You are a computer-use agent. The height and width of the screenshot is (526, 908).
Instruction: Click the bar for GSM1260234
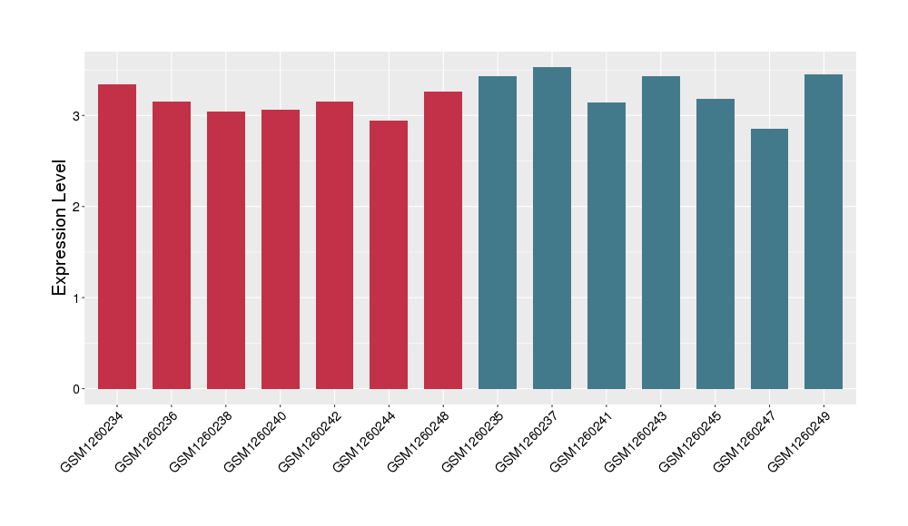tap(117, 237)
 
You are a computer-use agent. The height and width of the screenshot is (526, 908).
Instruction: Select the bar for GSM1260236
tap(172, 245)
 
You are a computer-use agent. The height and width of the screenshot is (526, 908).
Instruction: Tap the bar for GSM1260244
tap(389, 255)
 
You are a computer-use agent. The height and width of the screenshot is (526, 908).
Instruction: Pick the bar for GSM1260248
tap(443, 240)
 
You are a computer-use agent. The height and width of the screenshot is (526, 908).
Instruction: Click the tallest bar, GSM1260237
tap(552, 228)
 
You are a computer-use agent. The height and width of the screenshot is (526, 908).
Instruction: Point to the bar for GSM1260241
tap(607, 246)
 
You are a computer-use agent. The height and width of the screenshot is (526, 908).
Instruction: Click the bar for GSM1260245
tap(716, 244)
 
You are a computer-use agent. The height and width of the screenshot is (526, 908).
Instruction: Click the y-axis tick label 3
tap(77, 116)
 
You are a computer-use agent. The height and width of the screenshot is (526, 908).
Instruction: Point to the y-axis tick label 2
tap(77, 207)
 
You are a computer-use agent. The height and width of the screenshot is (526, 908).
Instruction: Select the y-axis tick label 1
tap(77, 298)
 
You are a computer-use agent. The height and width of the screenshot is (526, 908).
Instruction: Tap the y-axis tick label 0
tap(77, 389)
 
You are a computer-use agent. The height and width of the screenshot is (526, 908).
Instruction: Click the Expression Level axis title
tap(60, 228)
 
